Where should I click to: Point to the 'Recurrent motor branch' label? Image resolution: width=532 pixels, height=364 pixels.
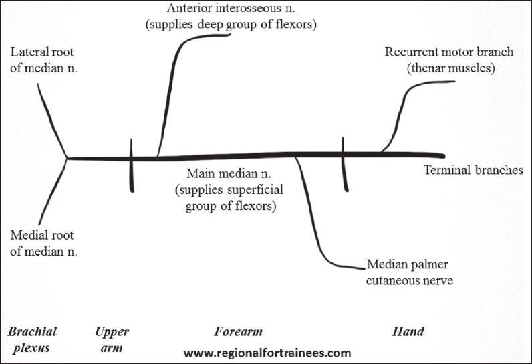[x=440, y=52]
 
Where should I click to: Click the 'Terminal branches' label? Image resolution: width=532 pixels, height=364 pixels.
[x=473, y=170]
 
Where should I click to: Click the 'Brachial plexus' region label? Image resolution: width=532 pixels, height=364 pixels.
[x=32, y=339]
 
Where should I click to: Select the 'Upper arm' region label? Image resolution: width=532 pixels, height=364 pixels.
[x=112, y=339]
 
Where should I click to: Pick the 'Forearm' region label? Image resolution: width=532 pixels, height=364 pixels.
[x=238, y=332]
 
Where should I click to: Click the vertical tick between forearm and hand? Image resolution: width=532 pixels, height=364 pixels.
[x=344, y=165]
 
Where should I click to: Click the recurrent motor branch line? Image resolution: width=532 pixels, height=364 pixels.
[x=405, y=107]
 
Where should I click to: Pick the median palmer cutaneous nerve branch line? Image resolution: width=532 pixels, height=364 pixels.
[x=314, y=214]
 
